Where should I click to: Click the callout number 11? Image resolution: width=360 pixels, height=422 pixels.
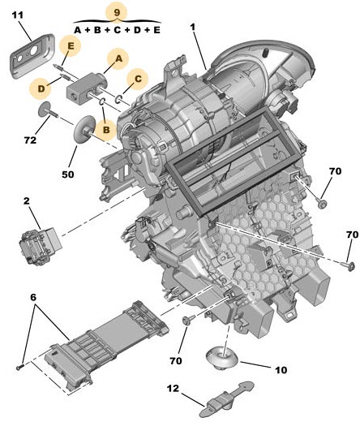point(18,15)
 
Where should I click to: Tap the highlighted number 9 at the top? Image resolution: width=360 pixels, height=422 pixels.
point(117,12)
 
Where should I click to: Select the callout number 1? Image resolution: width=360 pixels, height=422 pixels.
point(193,28)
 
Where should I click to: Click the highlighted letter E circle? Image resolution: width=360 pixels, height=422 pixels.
point(71,45)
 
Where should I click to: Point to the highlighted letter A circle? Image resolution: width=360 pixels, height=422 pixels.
point(118,58)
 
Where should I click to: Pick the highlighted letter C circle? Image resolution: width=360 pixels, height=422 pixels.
point(138,79)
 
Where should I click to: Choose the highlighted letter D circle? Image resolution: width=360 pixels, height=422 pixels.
point(41,88)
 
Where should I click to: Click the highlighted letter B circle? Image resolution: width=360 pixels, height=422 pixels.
point(106,130)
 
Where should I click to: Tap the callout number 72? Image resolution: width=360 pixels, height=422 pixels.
point(30,140)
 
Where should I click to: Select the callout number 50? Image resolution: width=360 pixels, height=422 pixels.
point(67,174)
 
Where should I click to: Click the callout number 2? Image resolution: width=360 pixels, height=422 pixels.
point(27,201)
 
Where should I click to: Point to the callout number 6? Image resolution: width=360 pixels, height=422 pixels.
point(32,297)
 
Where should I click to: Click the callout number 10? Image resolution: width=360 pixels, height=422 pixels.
point(281,370)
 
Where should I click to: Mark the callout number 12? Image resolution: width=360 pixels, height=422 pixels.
point(173,389)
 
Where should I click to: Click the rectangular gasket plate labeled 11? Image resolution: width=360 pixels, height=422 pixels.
point(32,56)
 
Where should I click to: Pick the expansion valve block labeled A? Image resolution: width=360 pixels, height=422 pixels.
point(86,87)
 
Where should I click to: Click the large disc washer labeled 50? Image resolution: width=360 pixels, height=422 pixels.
point(84,129)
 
